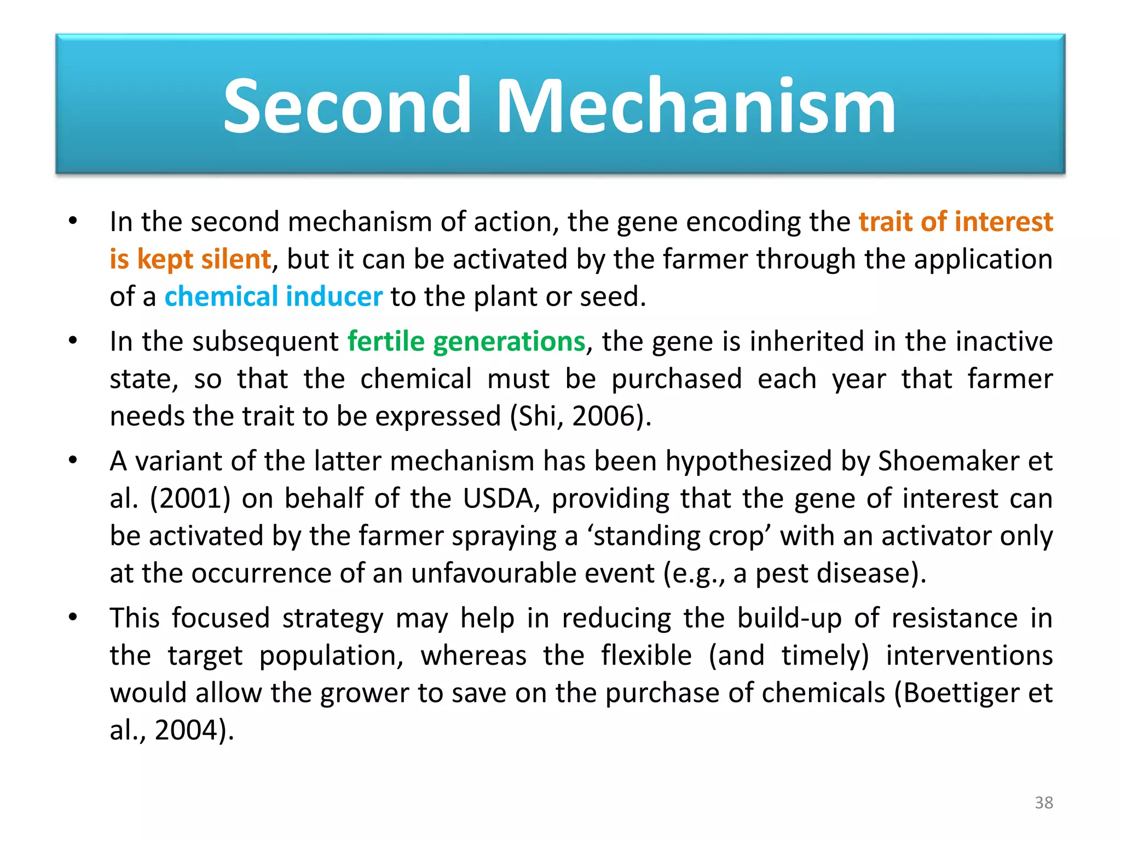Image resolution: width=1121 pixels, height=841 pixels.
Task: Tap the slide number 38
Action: tap(1043, 803)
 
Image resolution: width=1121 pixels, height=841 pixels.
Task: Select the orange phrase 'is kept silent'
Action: tap(190, 259)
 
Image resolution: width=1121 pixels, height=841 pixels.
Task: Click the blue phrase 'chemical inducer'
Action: tap(273, 297)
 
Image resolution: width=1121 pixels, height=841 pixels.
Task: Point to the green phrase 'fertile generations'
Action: tap(466, 342)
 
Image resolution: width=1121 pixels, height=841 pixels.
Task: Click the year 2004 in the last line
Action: tap(186, 730)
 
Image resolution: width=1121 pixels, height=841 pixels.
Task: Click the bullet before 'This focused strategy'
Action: tap(73, 618)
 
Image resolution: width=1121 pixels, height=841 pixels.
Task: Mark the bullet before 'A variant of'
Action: tap(73, 460)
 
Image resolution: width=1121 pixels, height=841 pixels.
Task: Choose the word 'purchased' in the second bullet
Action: tap(677, 379)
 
